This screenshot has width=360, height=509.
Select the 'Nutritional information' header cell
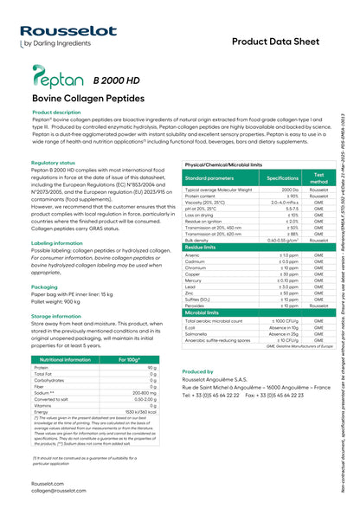coord(66,358)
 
